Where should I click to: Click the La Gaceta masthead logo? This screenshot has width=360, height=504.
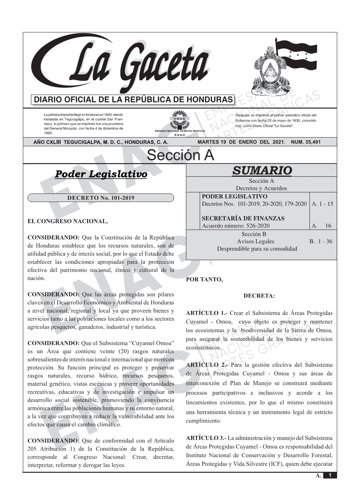[x=122, y=65]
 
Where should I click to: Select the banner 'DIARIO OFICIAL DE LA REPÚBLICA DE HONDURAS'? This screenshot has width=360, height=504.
[x=133, y=100]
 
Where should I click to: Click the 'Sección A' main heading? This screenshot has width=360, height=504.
[x=180, y=155]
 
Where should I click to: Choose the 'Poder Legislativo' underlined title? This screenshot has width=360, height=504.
[x=101, y=174]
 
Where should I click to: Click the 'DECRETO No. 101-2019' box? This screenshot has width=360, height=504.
[x=101, y=198]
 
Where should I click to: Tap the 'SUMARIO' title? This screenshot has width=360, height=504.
[x=262, y=170]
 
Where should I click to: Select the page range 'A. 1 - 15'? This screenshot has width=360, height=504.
[x=322, y=204]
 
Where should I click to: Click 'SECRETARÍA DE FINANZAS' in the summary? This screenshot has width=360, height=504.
[x=243, y=219]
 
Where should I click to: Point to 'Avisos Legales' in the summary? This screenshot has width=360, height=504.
[x=256, y=241]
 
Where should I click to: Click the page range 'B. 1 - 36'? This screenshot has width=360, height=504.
[x=321, y=241]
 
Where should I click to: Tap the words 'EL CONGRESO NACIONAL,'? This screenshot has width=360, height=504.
[x=68, y=221]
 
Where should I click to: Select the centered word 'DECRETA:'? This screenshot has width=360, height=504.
[x=259, y=296]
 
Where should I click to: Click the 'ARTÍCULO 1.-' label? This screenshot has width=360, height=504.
[x=206, y=313]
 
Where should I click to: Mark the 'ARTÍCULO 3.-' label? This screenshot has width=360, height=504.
[x=206, y=438]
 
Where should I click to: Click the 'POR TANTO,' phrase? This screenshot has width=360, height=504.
[x=204, y=279]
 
